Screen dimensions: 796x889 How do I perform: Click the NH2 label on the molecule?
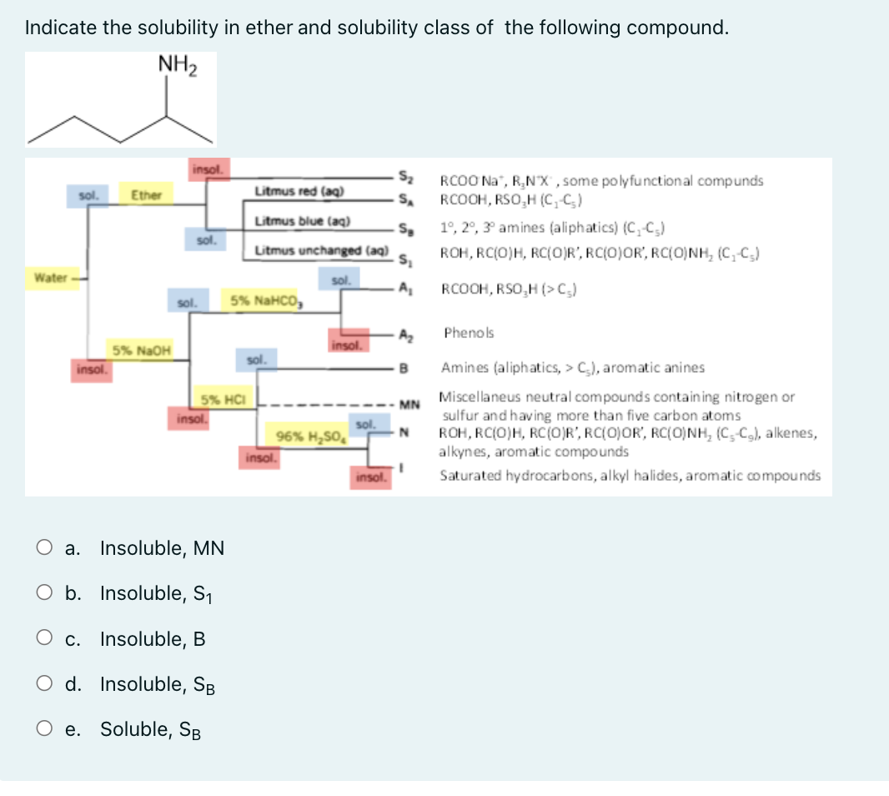click(175, 63)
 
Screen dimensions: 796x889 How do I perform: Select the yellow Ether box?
click(146, 195)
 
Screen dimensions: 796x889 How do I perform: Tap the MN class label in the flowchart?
click(408, 406)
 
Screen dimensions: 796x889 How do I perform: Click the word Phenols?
click(469, 333)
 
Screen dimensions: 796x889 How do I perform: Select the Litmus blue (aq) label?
click(303, 221)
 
